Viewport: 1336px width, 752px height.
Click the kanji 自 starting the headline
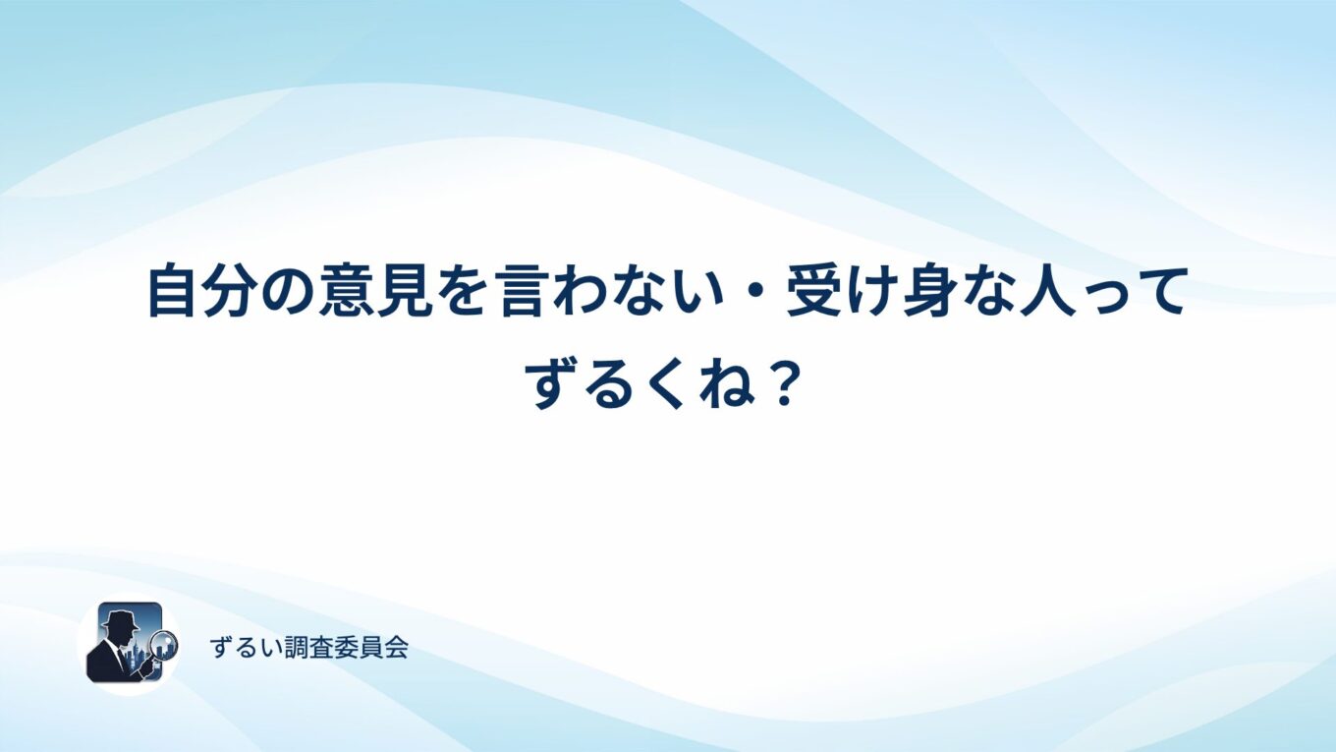coord(173,293)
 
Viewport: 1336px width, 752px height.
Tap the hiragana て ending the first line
coord(1161,293)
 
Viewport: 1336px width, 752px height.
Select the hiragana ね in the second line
coord(720,385)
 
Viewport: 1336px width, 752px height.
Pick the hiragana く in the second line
coord(667,385)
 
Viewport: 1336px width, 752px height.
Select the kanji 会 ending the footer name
coord(396,647)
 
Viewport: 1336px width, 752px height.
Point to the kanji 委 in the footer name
coord(347,647)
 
